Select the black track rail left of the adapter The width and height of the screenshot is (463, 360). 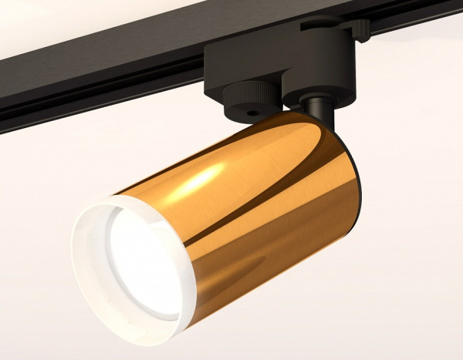[x=93, y=77]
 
